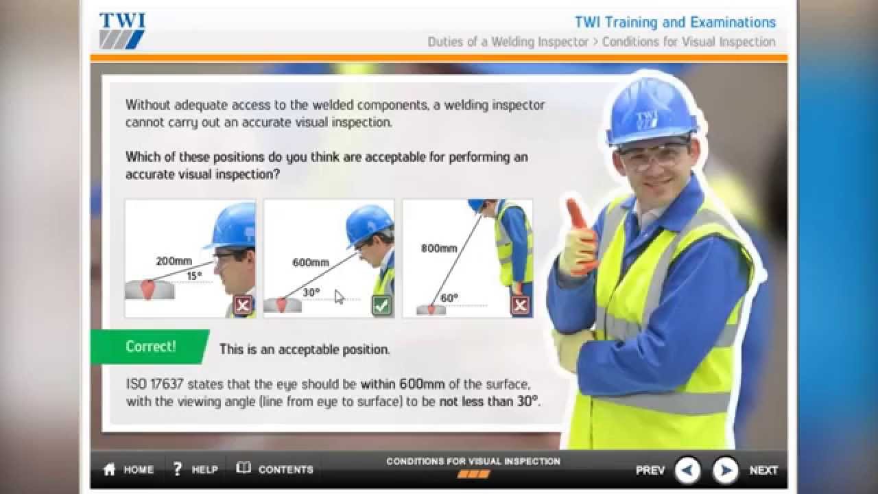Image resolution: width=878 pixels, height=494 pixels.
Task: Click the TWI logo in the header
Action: pos(121,30)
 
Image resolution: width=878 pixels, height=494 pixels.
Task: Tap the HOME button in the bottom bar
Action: pos(129,469)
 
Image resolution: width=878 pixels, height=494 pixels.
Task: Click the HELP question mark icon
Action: pos(178,469)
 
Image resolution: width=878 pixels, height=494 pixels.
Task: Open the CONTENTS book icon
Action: pos(244,468)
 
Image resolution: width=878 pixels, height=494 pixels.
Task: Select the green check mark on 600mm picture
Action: pos(381,305)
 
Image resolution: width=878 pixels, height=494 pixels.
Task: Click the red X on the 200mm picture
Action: pos(243,305)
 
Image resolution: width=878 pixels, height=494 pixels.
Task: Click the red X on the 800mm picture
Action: pos(520,305)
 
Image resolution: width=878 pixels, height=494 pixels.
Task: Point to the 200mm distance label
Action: pos(174,261)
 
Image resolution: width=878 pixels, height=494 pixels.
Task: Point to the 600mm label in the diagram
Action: pos(311,262)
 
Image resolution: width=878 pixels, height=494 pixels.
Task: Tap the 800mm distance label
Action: pos(439,248)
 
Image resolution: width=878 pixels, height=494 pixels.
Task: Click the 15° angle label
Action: pos(194,276)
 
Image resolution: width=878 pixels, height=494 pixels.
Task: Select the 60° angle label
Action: pos(449,298)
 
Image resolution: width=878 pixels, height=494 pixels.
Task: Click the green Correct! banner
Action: pos(150,346)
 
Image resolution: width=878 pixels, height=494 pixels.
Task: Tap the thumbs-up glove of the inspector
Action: pos(578,240)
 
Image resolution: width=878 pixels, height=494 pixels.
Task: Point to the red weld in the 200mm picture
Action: pos(147,289)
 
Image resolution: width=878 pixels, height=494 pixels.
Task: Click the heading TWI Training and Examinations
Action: pos(675,23)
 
